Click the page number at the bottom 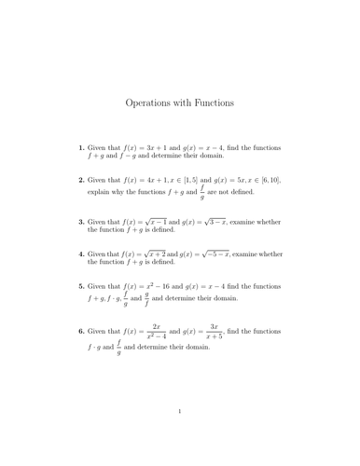click(180, 434)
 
